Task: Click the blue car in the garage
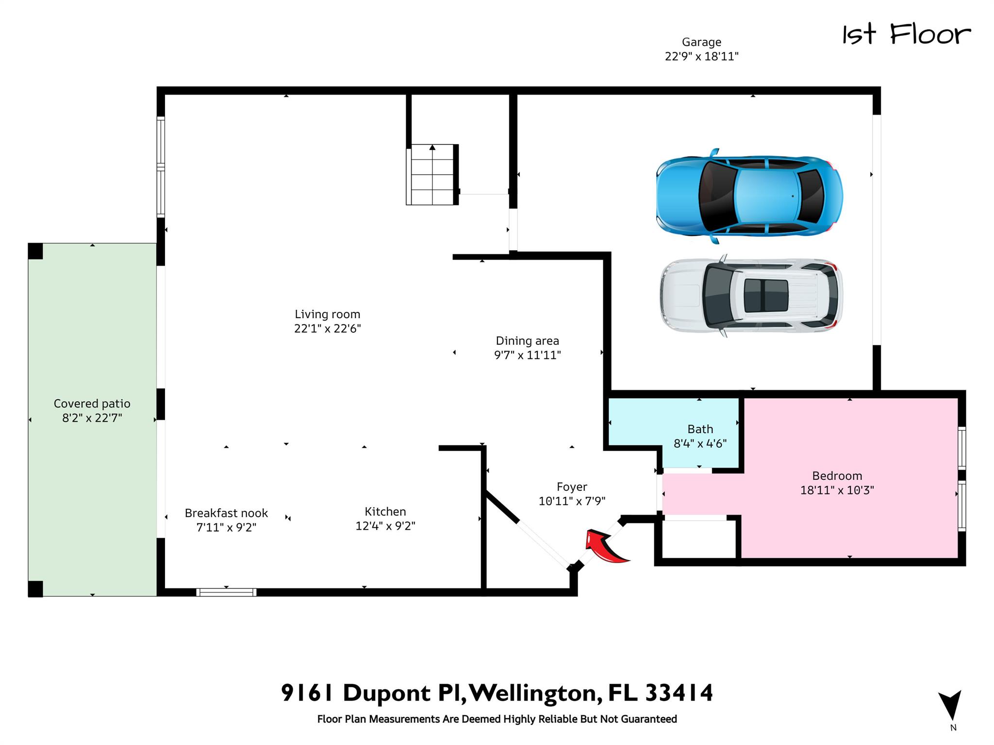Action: click(x=749, y=196)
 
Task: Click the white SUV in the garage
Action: click(x=751, y=295)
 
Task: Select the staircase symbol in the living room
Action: click(x=432, y=175)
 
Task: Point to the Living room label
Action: click(x=328, y=314)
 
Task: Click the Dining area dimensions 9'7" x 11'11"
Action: click(x=528, y=355)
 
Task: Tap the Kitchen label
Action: click(x=385, y=512)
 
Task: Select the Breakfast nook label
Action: click(x=226, y=513)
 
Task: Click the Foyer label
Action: click(x=572, y=487)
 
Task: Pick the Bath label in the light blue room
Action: click(x=700, y=429)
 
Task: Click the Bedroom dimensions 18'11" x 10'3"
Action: click(x=837, y=490)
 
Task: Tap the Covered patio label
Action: click(x=92, y=404)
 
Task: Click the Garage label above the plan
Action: click(x=701, y=42)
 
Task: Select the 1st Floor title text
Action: click(x=906, y=35)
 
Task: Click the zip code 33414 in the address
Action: click(x=679, y=693)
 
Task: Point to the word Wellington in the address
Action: click(x=533, y=694)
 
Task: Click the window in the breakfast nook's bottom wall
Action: click(x=226, y=592)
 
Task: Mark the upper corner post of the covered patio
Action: click(x=35, y=251)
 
